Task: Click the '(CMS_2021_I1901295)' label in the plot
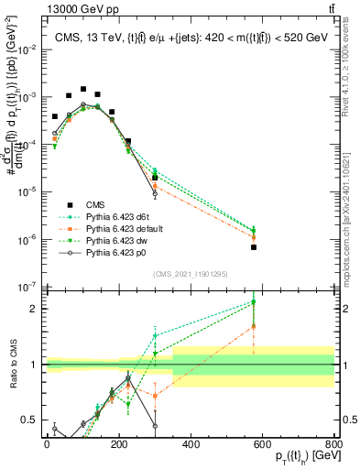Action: [190, 273]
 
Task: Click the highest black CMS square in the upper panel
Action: [83, 90]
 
